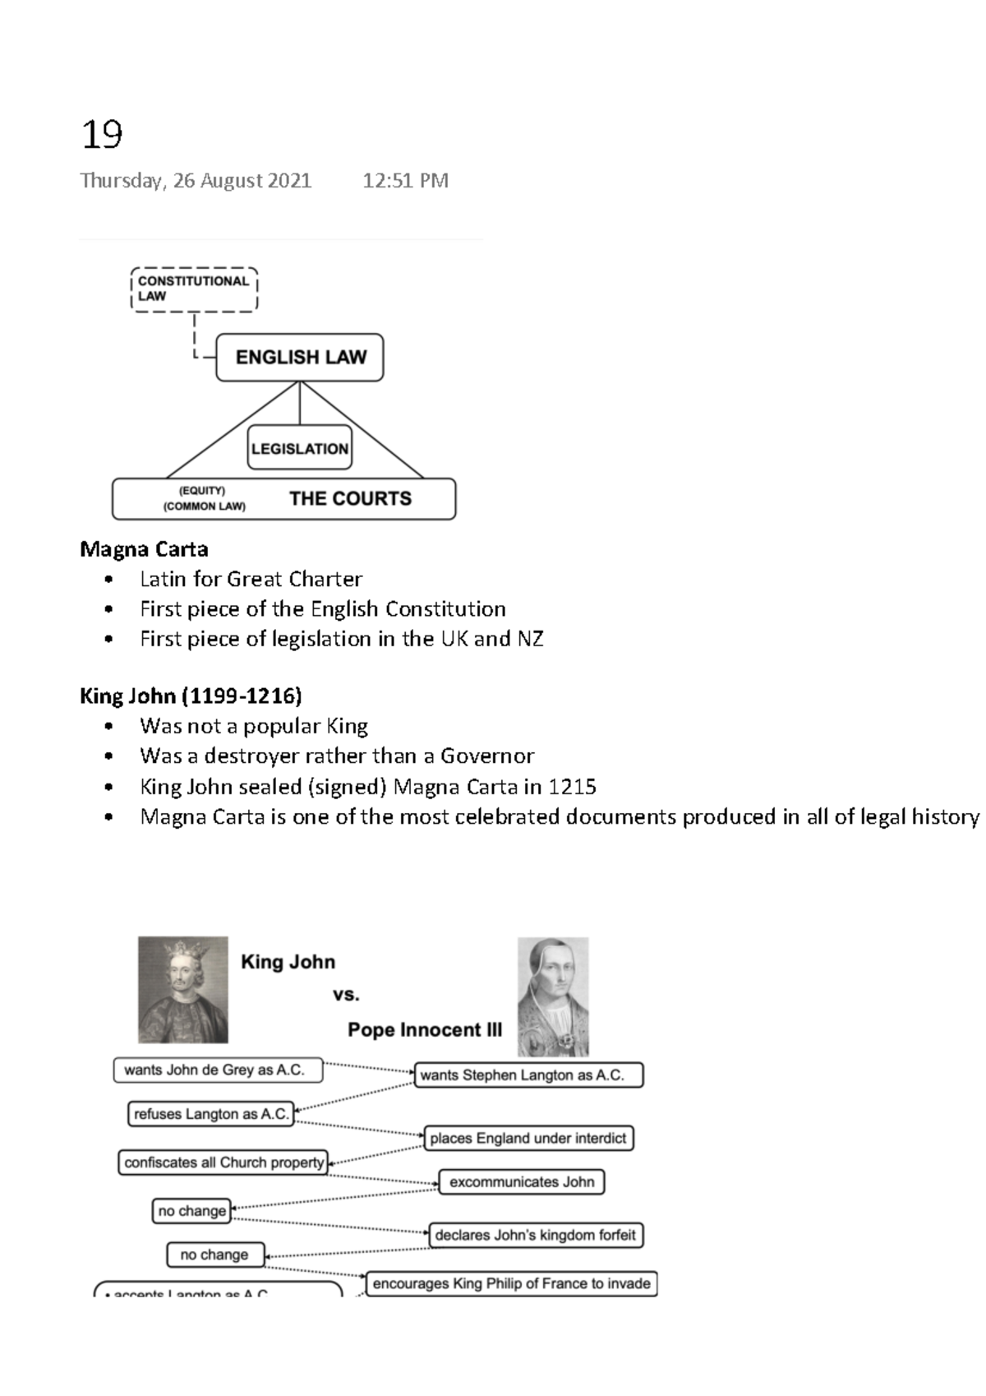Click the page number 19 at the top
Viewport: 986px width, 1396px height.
102,134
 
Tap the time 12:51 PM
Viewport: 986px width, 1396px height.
405,181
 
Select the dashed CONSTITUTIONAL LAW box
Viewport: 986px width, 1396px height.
194,289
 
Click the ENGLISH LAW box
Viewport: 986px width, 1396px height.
300,358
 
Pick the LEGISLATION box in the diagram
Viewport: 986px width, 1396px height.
300,448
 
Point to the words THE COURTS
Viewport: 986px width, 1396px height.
350,498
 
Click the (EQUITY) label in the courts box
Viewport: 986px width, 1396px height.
201,491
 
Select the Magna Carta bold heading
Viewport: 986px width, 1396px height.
144,549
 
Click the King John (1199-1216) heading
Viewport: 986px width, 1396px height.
191,696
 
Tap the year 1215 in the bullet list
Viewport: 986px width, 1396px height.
572,787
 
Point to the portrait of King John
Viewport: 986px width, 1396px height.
182,989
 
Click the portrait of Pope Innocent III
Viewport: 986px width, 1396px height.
553,996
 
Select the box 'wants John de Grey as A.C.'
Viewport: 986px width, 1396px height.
218,1070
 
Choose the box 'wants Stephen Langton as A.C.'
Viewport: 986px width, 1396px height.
529,1075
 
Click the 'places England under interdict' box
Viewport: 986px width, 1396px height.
528,1138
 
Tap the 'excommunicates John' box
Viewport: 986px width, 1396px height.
522,1182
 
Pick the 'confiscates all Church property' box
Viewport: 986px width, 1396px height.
223,1163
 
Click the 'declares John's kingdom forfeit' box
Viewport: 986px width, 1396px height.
535,1235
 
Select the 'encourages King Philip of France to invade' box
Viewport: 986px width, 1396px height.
511,1283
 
